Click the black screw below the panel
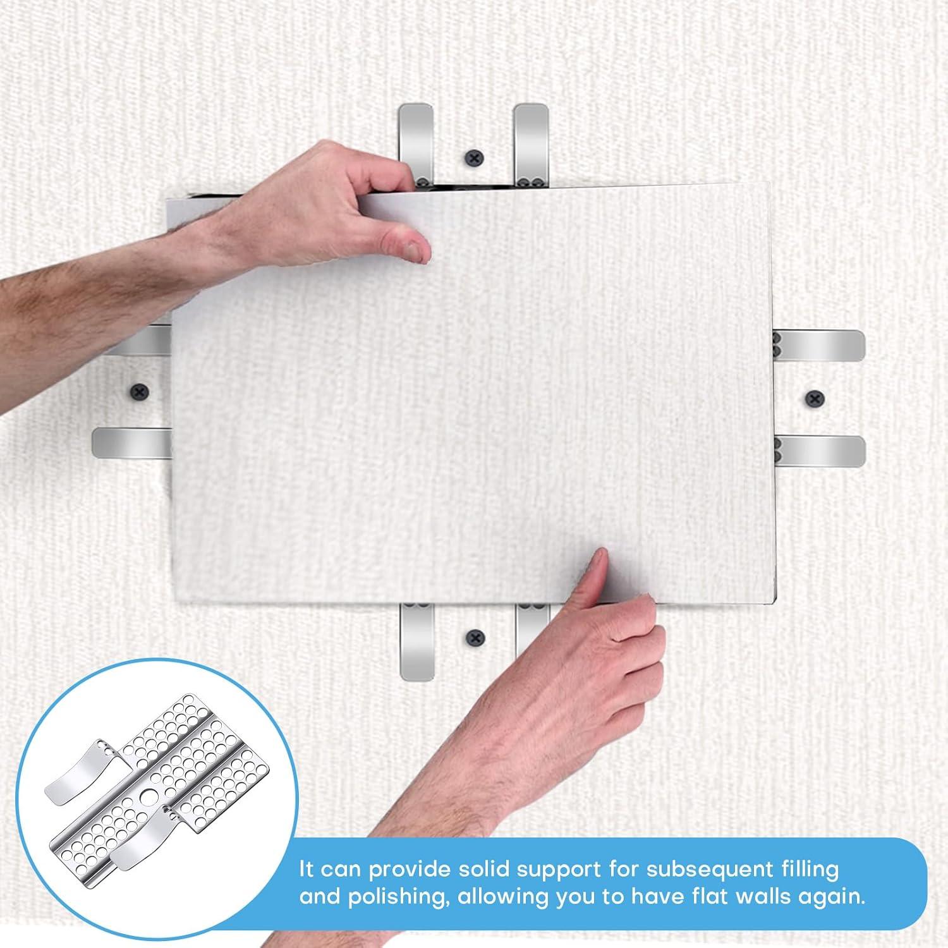[474, 638]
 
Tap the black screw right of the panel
[815, 398]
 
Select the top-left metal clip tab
[415, 139]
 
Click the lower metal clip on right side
[822, 451]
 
